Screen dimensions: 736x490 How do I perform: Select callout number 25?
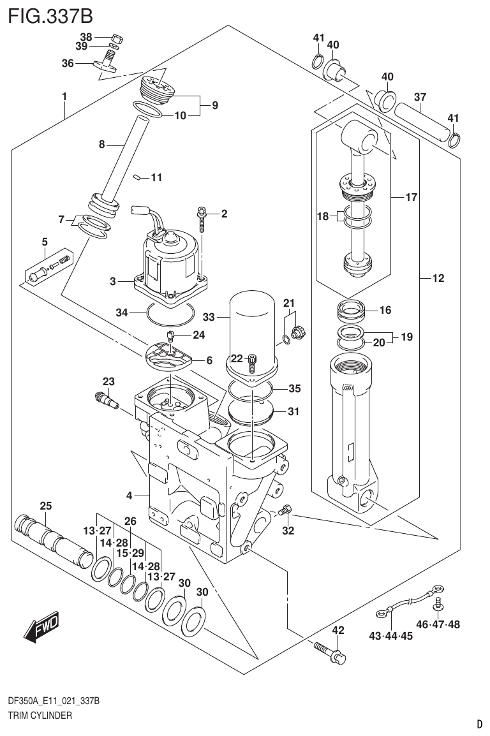coord(45,506)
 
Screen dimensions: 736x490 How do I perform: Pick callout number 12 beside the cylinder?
coord(438,278)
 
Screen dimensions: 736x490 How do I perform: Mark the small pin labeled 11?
coord(137,178)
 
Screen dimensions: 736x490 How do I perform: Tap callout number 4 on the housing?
coord(129,496)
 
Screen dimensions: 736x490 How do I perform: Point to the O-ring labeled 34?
coord(170,313)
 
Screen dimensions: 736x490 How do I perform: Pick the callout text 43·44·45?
coord(390,635)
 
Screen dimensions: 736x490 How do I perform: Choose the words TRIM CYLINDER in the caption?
coord(40,716)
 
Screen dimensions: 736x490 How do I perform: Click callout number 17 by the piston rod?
coord(411,198)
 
